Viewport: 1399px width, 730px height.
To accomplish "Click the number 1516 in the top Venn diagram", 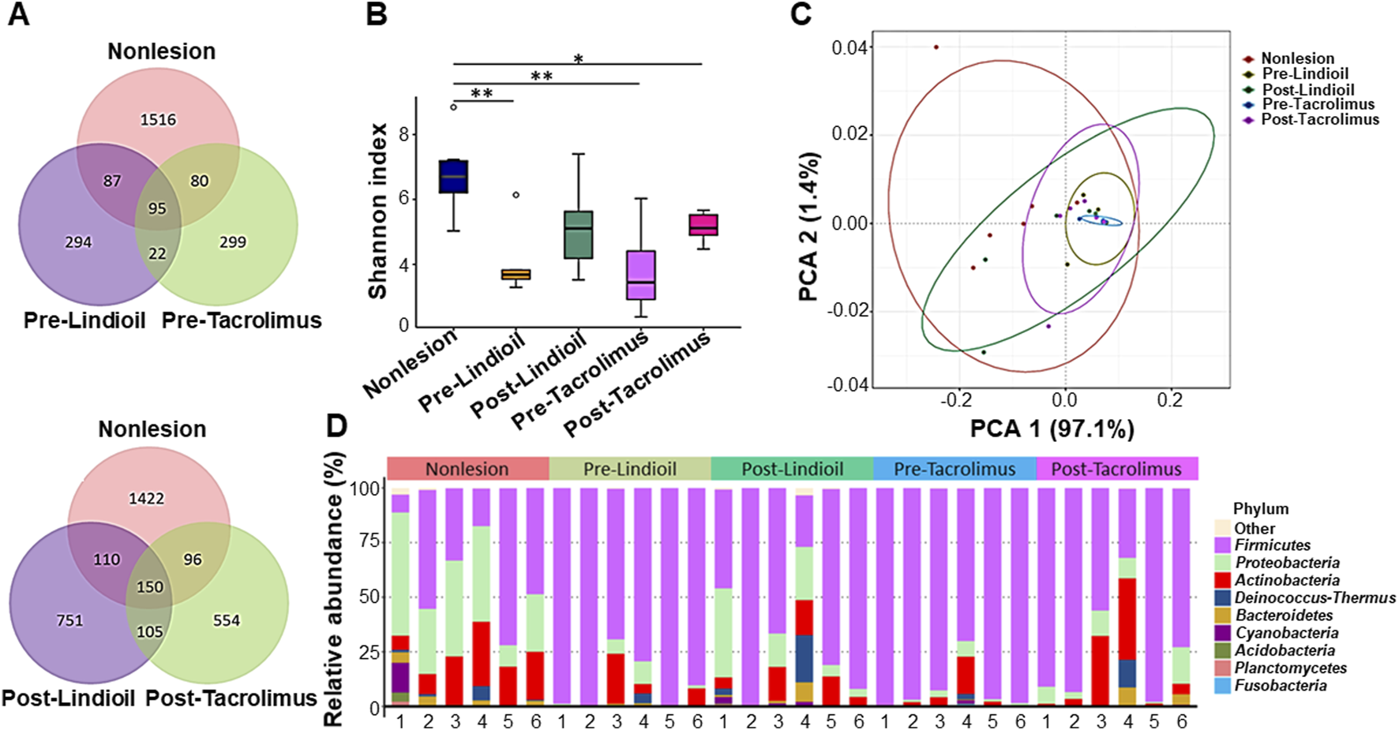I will (158, 120).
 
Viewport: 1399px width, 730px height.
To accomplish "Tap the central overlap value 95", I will (157, 208).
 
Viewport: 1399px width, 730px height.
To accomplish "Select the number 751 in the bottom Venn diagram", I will (69, 620).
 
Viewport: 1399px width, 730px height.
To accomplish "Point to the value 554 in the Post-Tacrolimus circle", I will (226, 620).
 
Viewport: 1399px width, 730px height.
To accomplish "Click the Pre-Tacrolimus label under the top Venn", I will (242, 320).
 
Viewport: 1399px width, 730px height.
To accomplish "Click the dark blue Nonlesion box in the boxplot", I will (453, 176).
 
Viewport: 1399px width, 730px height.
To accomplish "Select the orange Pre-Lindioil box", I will (516, 274).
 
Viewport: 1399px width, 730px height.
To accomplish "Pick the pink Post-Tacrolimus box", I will (703, 224).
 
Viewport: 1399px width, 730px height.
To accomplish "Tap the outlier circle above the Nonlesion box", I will (453, 107).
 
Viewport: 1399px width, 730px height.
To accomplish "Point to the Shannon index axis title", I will (377, 211).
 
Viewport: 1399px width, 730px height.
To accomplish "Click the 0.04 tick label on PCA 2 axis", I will (851, 48).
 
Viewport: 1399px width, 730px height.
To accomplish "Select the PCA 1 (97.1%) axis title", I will (1052, 429).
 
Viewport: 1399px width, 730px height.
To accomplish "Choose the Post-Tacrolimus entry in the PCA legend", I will (1319, 120).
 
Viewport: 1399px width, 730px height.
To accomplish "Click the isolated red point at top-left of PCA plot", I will (936, 47).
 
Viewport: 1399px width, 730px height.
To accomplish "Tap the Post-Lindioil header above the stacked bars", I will (792, 469).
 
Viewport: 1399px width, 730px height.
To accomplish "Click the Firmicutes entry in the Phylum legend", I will (1272, 545).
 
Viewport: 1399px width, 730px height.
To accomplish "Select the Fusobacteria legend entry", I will (1280, 686).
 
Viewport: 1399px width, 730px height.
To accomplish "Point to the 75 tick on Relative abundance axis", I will (369, 542).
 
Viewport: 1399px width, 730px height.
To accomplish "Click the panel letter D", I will (337, 427).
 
